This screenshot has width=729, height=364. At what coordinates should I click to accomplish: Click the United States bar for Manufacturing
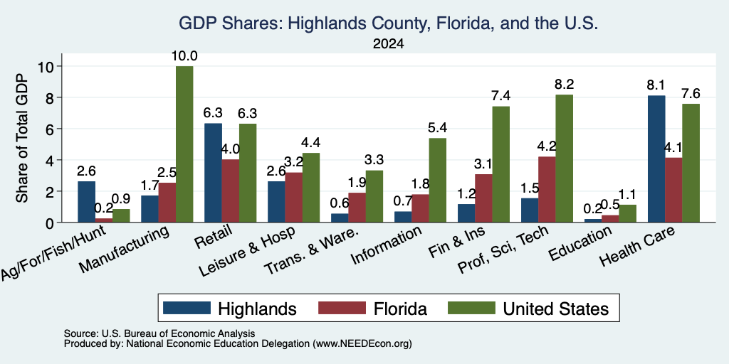tap(184, 144)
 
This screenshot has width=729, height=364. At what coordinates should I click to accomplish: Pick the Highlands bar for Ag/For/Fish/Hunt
tap(86, 202)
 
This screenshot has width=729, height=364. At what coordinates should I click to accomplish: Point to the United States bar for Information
tap(438, 180)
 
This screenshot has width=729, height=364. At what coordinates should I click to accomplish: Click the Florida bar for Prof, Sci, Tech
tap(547, 189)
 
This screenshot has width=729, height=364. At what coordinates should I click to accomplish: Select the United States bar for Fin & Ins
tap(501, 164)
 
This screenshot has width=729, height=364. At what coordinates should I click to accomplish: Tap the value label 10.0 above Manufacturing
tap(184, 56)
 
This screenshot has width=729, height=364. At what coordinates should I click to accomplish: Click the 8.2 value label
tap(565, 85)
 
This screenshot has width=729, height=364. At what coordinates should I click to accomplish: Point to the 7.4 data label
tap(501, 96)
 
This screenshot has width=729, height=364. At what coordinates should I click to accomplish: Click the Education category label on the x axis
tap(579, 244)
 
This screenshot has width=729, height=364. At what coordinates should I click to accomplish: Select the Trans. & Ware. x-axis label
tap(312, 250)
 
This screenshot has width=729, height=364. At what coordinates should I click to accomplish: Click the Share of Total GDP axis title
tap(22, 138)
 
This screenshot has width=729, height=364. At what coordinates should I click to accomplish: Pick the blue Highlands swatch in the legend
tap(187, 309)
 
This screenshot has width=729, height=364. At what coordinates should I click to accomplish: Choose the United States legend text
tap(556, 309)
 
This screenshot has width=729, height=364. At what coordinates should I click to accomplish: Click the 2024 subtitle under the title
tap(388, 44)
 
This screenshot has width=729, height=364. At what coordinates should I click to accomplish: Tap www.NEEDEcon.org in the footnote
tap(362, 344)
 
